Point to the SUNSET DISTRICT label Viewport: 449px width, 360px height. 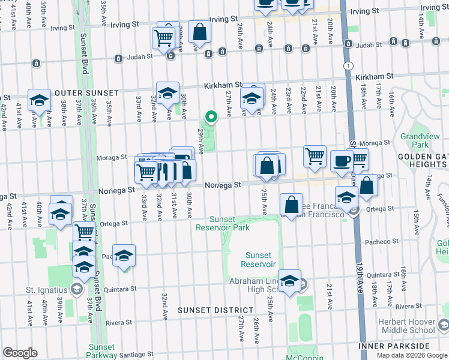[211, 310]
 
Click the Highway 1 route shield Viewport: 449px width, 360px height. [347, 65]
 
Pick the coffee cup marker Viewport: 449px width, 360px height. [342, 161]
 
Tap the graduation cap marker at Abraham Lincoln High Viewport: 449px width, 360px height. [289, 280]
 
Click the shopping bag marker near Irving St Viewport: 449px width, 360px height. [199, 31]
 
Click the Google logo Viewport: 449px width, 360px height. [20, 353]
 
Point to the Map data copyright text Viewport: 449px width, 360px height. [412, 355]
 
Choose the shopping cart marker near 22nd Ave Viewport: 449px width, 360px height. [315, 156]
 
